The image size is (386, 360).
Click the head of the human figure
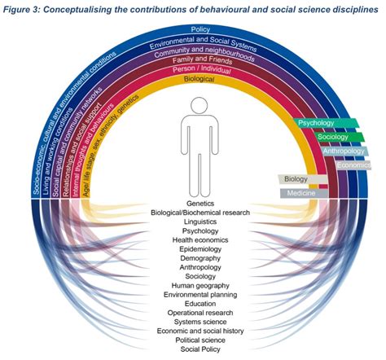coord(200,106)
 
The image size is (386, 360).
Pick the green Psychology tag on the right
coord(318,123)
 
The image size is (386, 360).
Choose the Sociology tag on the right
coord(323,137)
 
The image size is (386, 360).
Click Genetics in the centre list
coord(200,203)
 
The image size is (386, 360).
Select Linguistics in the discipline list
coord(200,222)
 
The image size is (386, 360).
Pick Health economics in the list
coord(200,241)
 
